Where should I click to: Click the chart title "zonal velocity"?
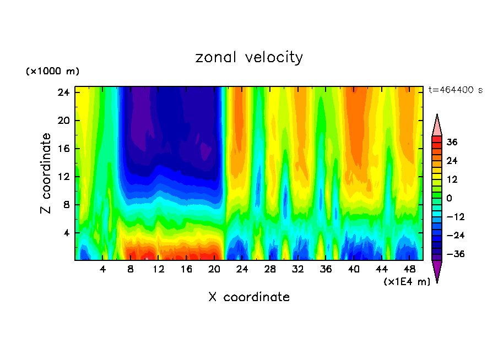tap(249, 57)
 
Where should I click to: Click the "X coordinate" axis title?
tap(249, 297)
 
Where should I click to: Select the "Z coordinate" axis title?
tap(47, 173)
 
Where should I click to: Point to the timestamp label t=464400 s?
tap(455, 90)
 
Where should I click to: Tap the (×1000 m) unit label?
tap(52, 72)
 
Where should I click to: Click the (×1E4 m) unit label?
tap(407, 282)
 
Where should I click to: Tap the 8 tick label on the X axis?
tap(131, 269)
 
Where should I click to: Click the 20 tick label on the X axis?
tap(214, 269)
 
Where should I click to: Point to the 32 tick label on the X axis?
tap(298, 269)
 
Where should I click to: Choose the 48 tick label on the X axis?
tap(409, 269)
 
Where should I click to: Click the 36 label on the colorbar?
tap(452, 142)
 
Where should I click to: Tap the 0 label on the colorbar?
tap(449, 198)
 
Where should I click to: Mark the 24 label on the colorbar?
tap(452, 161)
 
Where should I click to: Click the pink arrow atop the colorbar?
tap(437, 126)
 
